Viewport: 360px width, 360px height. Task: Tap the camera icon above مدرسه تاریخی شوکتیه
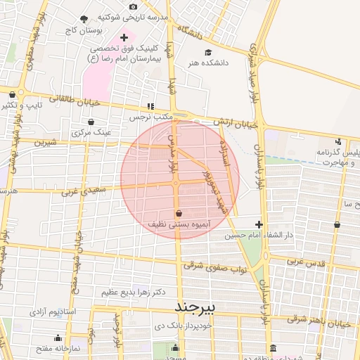coord(133,6)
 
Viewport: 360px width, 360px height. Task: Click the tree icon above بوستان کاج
coord(85,20)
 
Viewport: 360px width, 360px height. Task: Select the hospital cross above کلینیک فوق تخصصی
coord(124,37)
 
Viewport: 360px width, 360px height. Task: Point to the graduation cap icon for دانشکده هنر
coord(207,53)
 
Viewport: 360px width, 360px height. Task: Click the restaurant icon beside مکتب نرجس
coord(149,106)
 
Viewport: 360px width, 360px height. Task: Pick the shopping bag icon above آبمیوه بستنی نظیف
coord(178,213)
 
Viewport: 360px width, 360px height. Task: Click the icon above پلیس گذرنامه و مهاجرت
coord(339,141)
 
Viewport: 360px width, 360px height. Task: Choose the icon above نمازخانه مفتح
coord(58,337)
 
